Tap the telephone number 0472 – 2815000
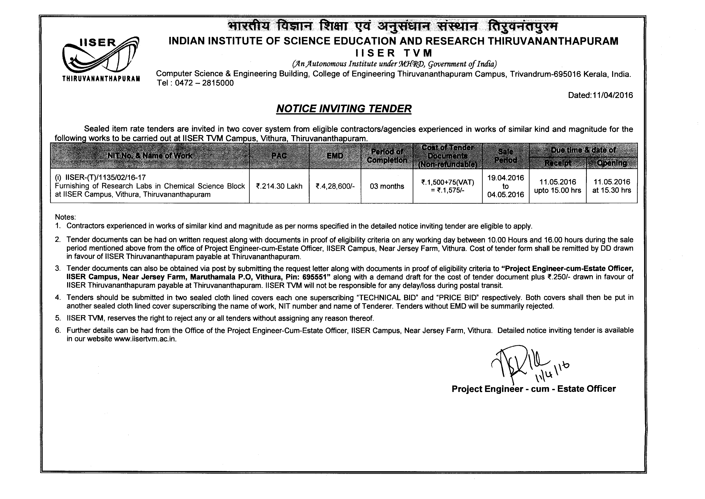click(204, 83)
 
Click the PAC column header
click(279, 156)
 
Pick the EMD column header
click(335, 156)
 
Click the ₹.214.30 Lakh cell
click(279, 186)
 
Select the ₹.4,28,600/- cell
click(335, 186)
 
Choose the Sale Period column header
click(505, 156)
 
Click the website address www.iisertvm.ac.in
click(145, 339)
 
